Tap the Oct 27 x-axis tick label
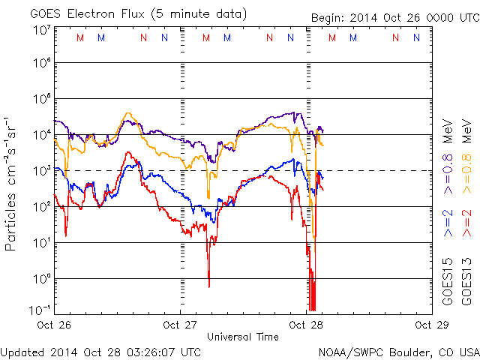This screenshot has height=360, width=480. point(181,325)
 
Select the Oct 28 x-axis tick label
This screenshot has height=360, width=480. point(306,325)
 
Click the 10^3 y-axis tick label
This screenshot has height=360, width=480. point(41,170)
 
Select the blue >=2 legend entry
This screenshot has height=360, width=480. point(448,223)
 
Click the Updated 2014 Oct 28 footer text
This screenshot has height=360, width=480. point(100,351)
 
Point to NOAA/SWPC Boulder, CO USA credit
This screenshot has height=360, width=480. point(398,351)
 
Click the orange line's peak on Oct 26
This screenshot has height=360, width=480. point(128,114)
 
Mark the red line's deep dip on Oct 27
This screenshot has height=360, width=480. point(208,285)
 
